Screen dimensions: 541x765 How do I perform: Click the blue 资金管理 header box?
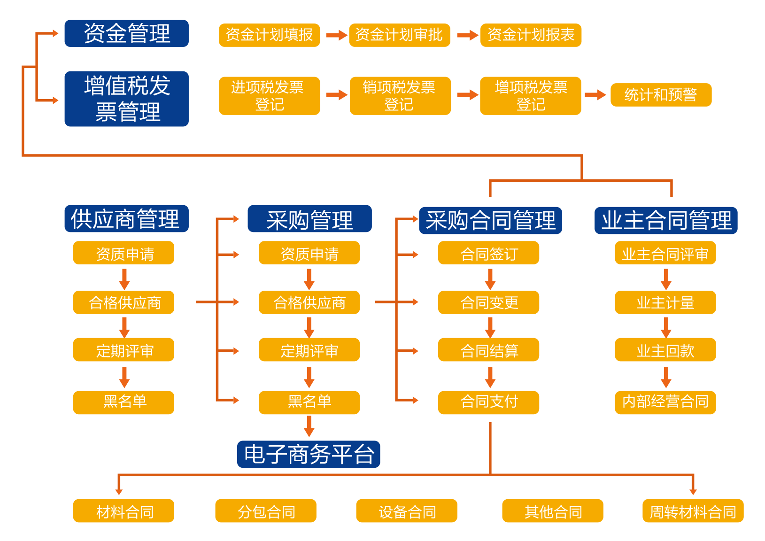click(x=126, y=33)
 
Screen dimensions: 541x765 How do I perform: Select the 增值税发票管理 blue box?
click(x=126, y=99)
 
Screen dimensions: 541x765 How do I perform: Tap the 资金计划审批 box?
click(x=399, y=35)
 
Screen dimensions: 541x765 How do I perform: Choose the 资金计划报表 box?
click(x=531, y=35)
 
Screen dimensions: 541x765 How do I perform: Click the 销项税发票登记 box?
click(x=400, y=96)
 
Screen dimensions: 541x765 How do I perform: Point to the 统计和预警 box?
click(x=661, y=95)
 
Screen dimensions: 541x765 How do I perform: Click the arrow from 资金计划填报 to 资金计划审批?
click(x=336, y=35)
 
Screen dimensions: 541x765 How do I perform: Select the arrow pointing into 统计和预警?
click(x=595, y=95)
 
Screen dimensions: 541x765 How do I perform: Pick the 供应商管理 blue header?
click(x=126, y=219)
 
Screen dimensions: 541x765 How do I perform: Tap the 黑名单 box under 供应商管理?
click(x=124, y=402)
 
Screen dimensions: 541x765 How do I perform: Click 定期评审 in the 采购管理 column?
click(x=309, y=350)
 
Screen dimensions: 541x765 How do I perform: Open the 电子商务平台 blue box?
click(x=309, y=454)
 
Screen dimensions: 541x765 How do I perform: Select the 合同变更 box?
click(x=488, y=302)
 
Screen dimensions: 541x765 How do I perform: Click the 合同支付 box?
click(x=488, y=402)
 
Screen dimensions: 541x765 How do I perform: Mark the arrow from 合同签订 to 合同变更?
click(x=490, y=279)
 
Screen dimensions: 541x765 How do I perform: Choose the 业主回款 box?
click(x=665, y=350)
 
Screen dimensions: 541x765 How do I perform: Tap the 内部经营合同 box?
click(x=665, y=402)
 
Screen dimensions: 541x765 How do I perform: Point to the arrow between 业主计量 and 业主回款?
click(x=666, y=327)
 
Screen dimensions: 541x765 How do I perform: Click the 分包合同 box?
click(x=266, y=511)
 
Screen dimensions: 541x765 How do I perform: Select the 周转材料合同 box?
click(x=693, y=511)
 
